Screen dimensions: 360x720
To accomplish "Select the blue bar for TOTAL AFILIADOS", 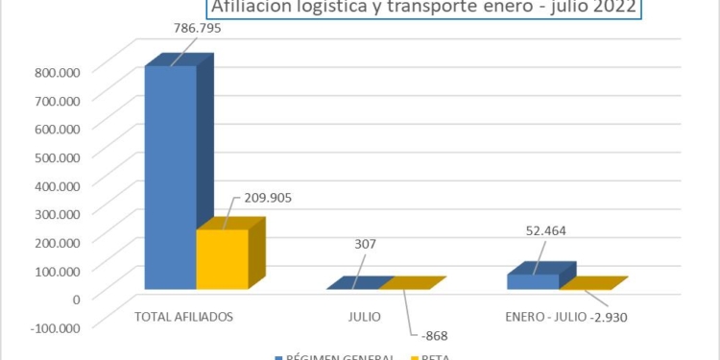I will click(171, 178).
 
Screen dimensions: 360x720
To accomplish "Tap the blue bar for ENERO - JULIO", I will click(533, 281).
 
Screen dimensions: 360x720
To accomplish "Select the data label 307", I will click(367, 244).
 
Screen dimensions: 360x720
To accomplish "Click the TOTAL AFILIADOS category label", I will click(183, 315).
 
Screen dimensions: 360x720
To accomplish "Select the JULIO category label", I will click(364, 315).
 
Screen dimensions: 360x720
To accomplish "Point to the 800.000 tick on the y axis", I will click(60, 71).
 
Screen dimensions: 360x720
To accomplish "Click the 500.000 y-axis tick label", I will click(60, 156).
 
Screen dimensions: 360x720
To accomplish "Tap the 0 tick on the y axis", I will click(75, 299).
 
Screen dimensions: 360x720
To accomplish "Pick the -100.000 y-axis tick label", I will click(57, 326).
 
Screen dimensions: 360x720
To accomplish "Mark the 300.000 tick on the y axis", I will click(60, 213).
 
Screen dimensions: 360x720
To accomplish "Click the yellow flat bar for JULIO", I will click(413, 283).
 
